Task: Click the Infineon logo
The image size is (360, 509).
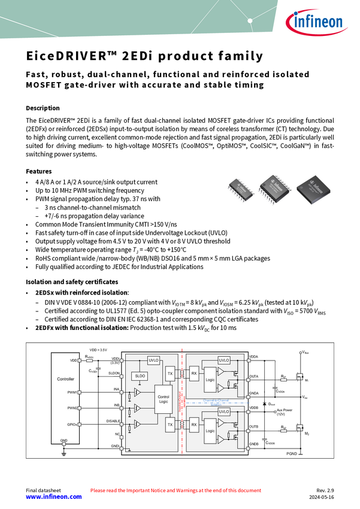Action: click(x=316, y=23)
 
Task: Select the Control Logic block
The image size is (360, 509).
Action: click(x=163, y=399)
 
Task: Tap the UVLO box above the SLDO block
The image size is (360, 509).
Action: click(x=153, y=360)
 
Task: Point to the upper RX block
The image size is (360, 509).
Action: click(x=193, y=373)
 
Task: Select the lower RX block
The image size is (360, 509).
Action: click(x=193, y=424)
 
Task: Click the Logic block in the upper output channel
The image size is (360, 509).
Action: click(x=210, y=380)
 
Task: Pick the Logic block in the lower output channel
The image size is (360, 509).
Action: click(x=210, y=431)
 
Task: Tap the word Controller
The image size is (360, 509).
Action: click(x=65, y=379)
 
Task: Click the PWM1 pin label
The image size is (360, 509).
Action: click(x=72, y=392)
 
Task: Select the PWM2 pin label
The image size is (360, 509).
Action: click(x=72, y=408)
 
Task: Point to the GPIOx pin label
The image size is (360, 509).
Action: click(x=72, y=425)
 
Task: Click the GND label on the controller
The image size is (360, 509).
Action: click(x=64, y=440)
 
